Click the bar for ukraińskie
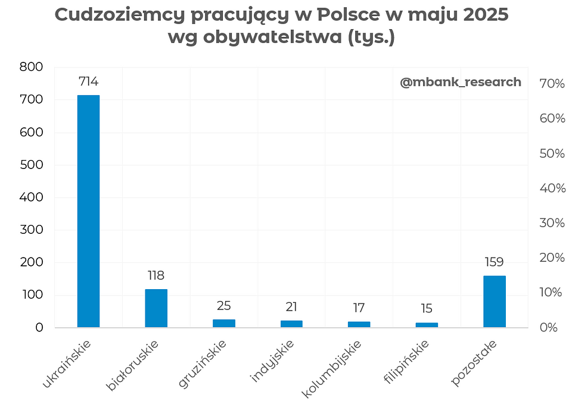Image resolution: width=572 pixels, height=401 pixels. pos(88,211)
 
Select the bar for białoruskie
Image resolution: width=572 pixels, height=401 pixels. pos(156,308)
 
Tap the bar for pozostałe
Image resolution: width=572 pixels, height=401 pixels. pos(494,302)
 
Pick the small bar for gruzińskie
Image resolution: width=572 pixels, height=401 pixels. pos(224,323)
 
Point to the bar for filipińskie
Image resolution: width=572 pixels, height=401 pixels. pos(427,325)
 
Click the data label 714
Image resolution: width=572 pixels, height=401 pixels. pos(88,82)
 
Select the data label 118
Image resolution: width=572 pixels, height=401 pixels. pos(156,275)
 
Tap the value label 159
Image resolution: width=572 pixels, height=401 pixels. pos(494,262)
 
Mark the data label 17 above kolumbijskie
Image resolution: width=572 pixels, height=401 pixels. pos(359,308)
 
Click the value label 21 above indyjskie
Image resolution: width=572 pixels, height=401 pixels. pos(291,307)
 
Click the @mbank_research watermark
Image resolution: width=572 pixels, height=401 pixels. pos(460,82)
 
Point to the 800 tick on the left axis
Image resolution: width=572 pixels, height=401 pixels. pos(31,67)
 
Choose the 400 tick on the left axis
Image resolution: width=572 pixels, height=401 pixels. pos(31,198)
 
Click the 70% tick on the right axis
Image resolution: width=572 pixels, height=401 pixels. pos(552,84)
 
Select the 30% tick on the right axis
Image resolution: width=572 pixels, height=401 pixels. pos(552,223)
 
